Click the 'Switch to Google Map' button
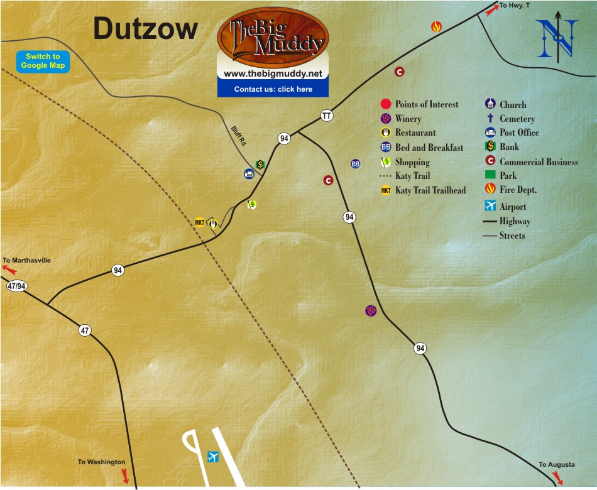(x=43, y=61)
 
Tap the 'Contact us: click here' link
(x=273, y=89)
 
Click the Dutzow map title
(x=146, y=29)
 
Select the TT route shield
(x=326, y=116)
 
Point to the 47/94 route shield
(x=16, y=286)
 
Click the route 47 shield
(x=85, y=330)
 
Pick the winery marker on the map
(x=371, y=310)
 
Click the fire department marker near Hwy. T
(x=436, y=26)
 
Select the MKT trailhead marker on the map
(x=200, y=222)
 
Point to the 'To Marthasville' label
(x=26, y=260)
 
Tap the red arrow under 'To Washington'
(x=125, y=476)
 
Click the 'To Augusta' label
(x=556, y=465)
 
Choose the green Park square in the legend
(x=490, y=176)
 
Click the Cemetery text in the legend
(x=517, y=119)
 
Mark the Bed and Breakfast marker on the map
(x=355, y=163)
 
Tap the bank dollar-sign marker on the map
(x=260, y=165)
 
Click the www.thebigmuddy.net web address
(x=273, y=73)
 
